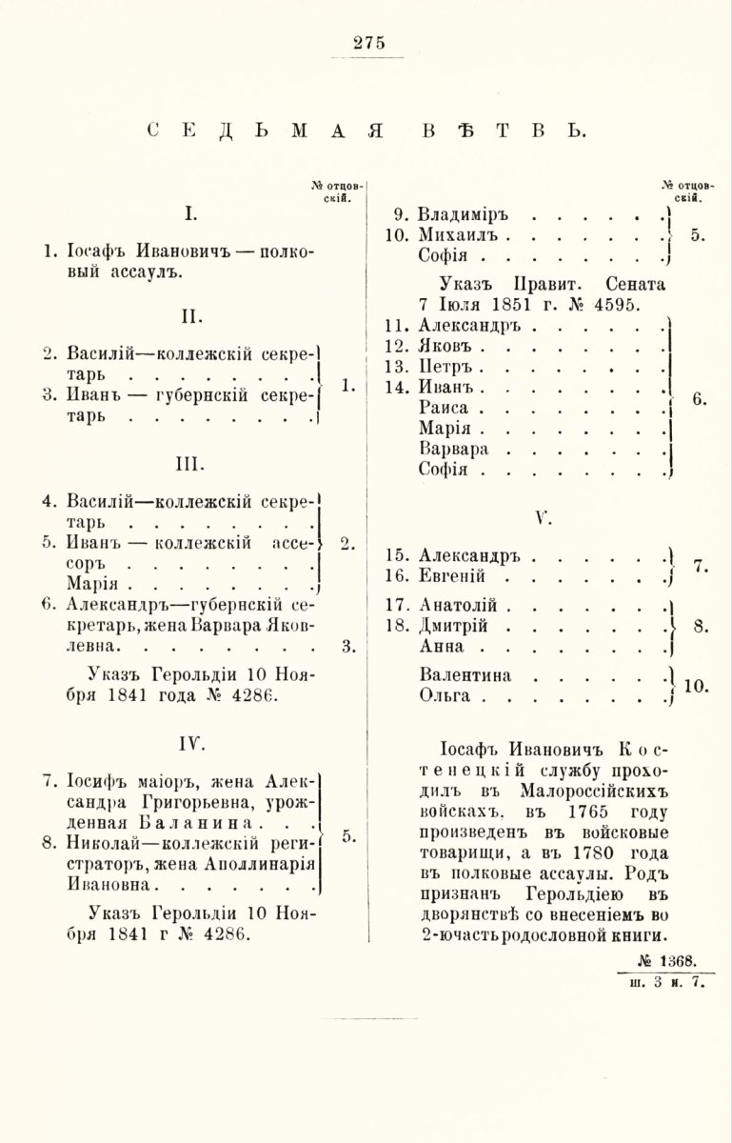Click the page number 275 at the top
366,42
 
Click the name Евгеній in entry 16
453,577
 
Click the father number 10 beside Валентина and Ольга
698,685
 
